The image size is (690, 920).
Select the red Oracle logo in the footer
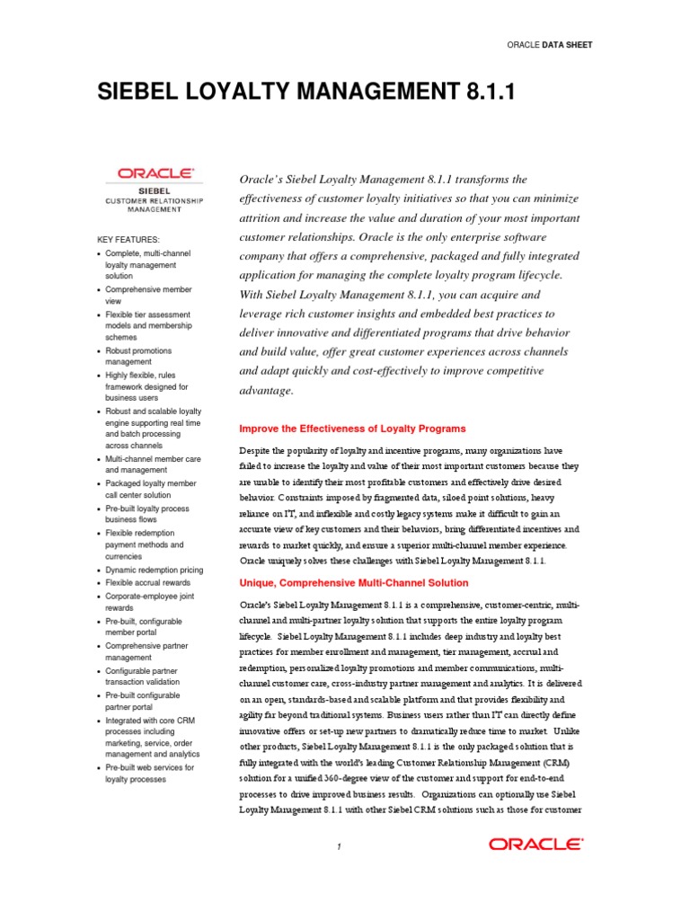coord(535,844)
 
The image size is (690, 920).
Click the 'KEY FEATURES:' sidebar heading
coord(128,239)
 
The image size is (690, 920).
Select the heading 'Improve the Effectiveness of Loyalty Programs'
coord(352,429)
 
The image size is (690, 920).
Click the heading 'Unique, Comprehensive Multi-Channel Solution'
coord(354,583)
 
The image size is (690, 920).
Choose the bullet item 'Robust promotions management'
coord(138,356)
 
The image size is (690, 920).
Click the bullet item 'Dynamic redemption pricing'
coord(154,570)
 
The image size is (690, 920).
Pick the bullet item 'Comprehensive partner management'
coord(147,651)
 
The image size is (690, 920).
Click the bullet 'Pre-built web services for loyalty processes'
coord(149,773)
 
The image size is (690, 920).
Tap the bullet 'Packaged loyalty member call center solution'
coord(150,489)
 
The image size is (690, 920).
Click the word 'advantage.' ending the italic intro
coord(266,391)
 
